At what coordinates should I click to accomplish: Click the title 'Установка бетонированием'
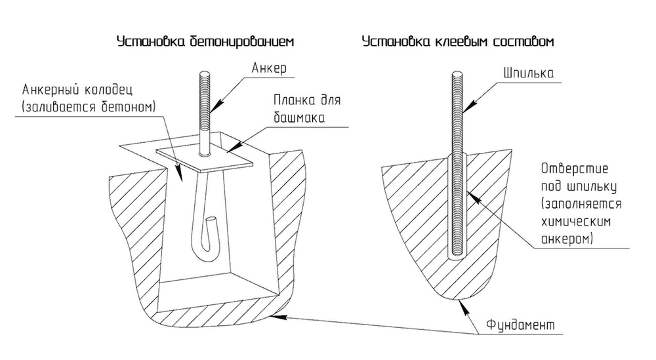pyautogui.click(x=205, y=42)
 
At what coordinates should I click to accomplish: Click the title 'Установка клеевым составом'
pyautogui.click(x=458, y=42)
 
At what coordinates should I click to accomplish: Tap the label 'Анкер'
pyautogui.click(x=269, y=68)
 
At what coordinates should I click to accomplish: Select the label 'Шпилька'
pyautogui.click(x=528, y=73)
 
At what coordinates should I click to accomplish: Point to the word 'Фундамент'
pyautogui.click(x=520, y=325)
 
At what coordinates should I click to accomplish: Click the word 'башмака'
pyautogui.click(x=299, y=117)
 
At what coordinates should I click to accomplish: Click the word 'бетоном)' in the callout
pyautogui.click(x=129, y=107)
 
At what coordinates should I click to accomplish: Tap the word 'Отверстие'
pyautogui.click(x=575, y=169)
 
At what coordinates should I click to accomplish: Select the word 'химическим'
pyautogui.click(x=576, y=221)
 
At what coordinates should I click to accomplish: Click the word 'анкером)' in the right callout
pyautogui.click(x=567, y=239)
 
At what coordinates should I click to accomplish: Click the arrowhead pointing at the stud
pyautogui.click(x=468, y=107)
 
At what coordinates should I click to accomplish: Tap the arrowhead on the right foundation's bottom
pyautogui.click(x=462, y=304)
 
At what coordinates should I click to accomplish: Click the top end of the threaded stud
pyautogui.click(x=457, y=73)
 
